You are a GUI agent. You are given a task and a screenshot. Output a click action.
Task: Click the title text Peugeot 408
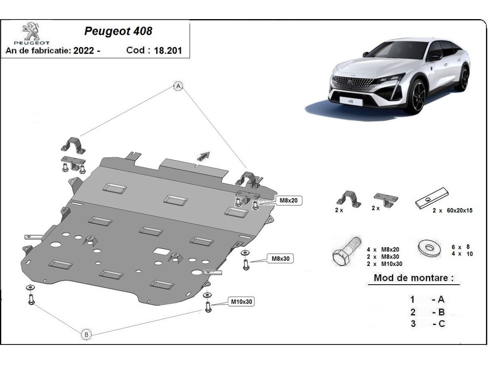[118, 31]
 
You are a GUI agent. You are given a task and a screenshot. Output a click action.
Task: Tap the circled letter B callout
[86, 335]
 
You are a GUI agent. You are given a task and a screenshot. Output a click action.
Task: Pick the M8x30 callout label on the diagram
[280, 258]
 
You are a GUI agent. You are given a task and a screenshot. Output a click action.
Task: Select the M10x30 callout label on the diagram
[242, 302]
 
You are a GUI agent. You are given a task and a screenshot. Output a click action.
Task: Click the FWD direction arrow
[204, 156]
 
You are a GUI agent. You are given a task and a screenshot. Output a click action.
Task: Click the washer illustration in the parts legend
[429, 247]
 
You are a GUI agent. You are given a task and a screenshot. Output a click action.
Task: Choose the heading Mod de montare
[413, 278]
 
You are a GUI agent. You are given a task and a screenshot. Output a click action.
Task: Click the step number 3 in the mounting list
[413, 324]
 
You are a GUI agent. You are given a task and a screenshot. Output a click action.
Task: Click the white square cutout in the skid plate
[163, 252]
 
